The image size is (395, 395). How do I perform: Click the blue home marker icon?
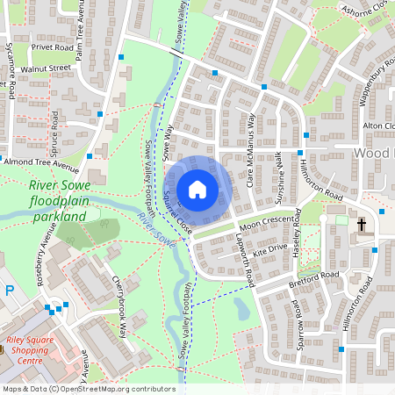click(197, 189)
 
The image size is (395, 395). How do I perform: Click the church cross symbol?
click(361, 226)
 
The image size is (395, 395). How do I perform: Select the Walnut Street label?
click(48, 68)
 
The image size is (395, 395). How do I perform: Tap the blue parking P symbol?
click(9, 291)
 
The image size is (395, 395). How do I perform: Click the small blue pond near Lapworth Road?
click(241, 307)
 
